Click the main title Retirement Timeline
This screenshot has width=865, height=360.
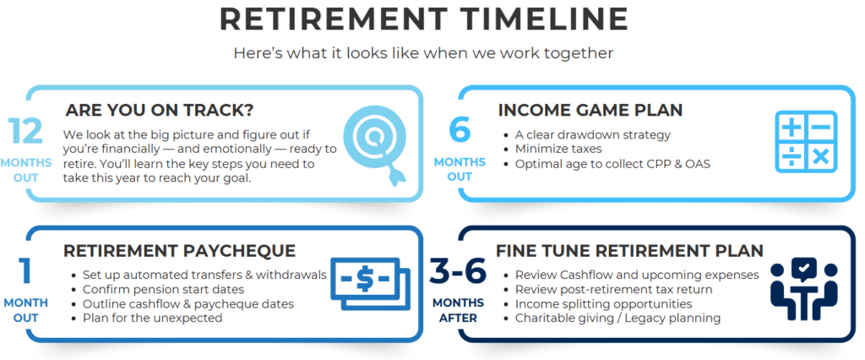coord(424,20)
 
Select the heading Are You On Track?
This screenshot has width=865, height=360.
coord(160,110)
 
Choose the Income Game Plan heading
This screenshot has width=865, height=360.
coord(590,110)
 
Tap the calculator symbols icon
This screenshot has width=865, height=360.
coord(806,141)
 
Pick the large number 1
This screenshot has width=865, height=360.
coord(25,271)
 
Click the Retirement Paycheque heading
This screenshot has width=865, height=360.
coord(179,251)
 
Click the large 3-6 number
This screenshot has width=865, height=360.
coord(459,271)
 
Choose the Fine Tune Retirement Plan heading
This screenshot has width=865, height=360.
coord(629,251)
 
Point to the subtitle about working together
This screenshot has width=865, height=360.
coord(424,53)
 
